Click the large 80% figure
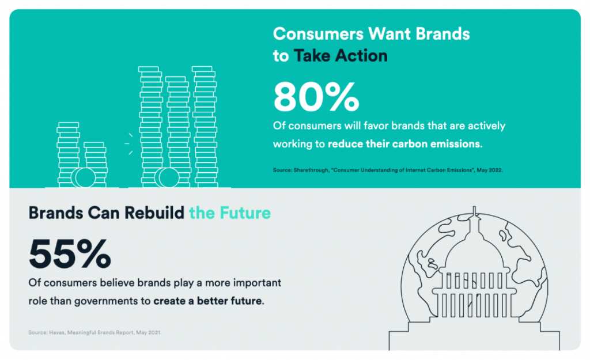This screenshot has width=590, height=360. [x=316, y=97]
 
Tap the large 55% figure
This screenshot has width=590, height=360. [x=70, y=253]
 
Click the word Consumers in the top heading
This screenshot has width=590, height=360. [x=318, y=34]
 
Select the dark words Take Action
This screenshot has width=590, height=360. [x=341, y=56]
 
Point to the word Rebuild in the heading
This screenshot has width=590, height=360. [x=154, y=213]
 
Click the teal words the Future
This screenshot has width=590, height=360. [x=230, y=213]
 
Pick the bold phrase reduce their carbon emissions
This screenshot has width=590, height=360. [x=405, y=144]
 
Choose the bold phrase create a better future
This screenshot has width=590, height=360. [x=209, y=301]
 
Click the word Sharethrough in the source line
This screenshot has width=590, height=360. [x=311, y=170]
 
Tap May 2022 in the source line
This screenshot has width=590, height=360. [x=490, y=170]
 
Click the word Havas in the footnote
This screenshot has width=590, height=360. [x=56, y=332]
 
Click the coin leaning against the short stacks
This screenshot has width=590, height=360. [x=84, y=177]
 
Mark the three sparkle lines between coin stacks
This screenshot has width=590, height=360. [x=128, y=143]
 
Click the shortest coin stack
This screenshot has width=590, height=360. [x=96, y=165]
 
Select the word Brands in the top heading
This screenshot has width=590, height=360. [x=442, y=34]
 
